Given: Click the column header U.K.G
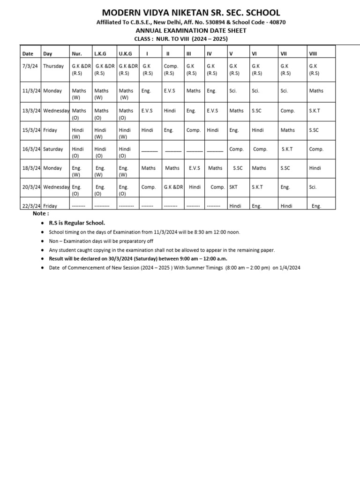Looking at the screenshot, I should pos(125,54).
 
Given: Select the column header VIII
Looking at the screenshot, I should pos(314,54).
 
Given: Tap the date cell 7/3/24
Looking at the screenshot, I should pos(30,66).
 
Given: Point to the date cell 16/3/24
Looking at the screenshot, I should pos(31,149).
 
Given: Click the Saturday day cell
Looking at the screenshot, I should pos(53,149).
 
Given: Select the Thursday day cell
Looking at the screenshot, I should pos(53,66).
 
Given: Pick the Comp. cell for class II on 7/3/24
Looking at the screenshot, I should pos(171,66).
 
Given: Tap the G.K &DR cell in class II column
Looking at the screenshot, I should pos(173,187).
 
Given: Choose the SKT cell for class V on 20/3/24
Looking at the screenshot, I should pos(233,187).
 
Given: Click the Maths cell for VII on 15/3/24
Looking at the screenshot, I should pos(287,130).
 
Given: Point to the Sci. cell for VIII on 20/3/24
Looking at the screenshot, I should pos(313,187).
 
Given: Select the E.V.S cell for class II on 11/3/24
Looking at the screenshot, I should pos(169,90).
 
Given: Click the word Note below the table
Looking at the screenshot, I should pos(40,214).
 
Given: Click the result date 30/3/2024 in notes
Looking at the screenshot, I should pos(109,258).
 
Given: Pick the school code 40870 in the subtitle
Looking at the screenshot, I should pos(276,22).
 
